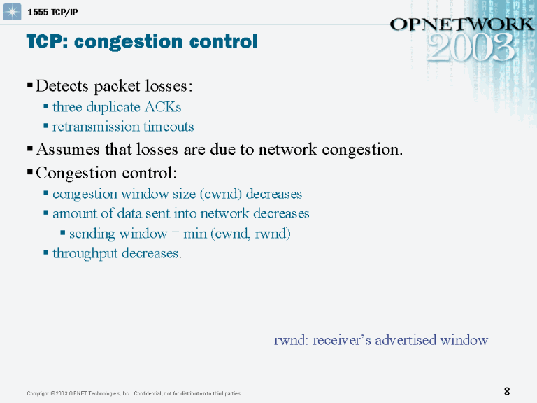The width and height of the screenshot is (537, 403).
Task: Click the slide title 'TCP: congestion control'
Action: pos(142,42)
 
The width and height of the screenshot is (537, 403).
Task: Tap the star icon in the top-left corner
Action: pos(13,13)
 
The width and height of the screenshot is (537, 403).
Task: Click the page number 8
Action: pos(507,391)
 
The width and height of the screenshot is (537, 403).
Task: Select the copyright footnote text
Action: pos(134,393)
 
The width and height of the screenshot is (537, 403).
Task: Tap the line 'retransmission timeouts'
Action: pos(123,127)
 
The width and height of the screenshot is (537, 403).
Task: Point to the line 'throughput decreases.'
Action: pos(117,253)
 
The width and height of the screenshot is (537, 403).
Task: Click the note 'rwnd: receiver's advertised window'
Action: pos(380,341)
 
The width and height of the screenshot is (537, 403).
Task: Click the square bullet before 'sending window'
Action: pos(63,233)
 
